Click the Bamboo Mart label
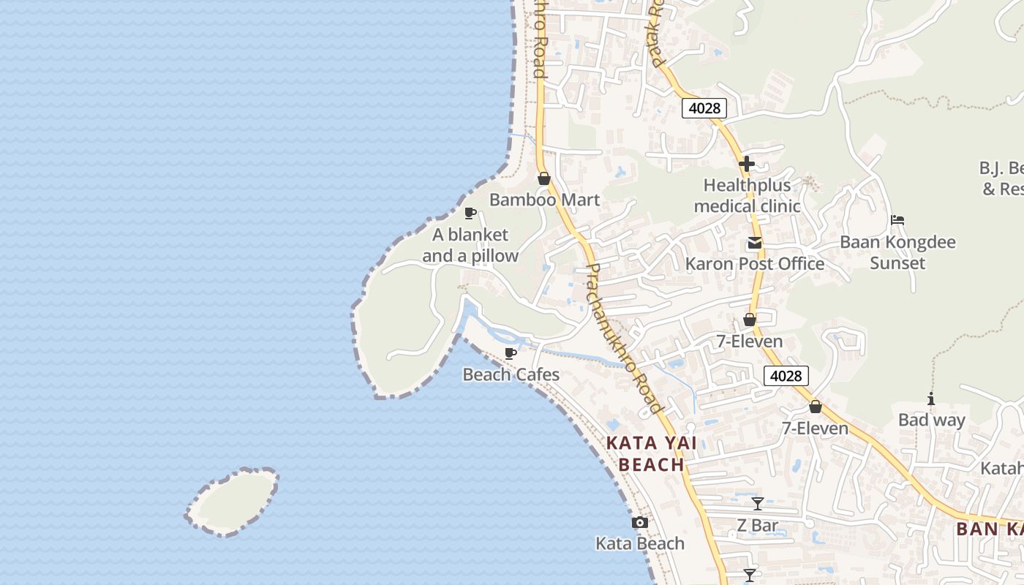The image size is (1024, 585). [544, 200]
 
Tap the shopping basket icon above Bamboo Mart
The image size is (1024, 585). [544, 178]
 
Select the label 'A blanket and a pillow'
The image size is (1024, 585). [470, 245]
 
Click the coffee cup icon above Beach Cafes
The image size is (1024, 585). [511, 354]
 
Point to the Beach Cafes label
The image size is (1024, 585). [511, 374]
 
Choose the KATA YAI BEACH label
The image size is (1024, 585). [651, 453]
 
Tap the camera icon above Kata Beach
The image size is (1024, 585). [640, 522]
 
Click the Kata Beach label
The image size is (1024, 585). [640, 543]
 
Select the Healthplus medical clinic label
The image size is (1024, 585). [747, 196]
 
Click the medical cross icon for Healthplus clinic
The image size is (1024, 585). [746, 164]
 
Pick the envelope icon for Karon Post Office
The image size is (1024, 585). [754, 244]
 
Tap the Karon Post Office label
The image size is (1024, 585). [754, 264]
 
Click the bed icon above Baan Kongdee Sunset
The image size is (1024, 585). [897, 220]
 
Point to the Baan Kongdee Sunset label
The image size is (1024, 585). [897, 252]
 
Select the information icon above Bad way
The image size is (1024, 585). [931, 399]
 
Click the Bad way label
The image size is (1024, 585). [931, 420]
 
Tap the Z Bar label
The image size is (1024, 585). [757, 525]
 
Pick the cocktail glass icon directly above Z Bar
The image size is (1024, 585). [758, 504]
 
